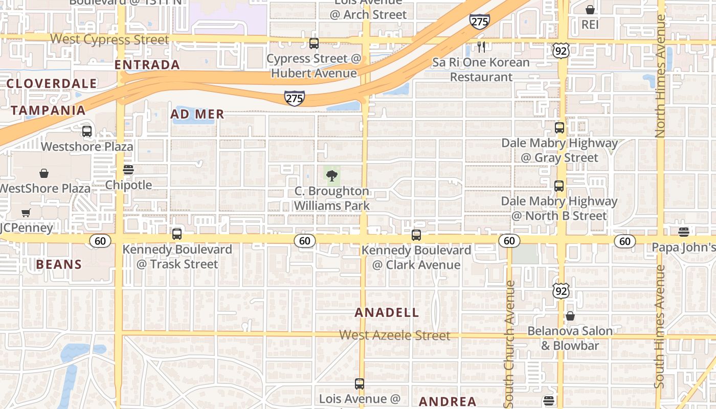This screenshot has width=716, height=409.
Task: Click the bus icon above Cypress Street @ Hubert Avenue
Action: pos(314,43)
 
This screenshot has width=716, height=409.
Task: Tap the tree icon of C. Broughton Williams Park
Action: pos(332,176)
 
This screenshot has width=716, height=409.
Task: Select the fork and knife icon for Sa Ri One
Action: pos(481,47)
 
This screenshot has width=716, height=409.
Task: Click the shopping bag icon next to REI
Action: pos(590,10)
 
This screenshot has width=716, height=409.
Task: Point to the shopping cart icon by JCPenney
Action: pos(26,213)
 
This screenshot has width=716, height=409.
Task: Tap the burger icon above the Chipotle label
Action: pos(128,170)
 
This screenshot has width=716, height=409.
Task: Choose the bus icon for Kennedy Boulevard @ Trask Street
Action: pos(177,234)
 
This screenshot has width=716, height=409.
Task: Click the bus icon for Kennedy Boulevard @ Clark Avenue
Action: pos(416,235)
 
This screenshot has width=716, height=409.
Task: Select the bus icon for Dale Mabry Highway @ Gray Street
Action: pos(560,128)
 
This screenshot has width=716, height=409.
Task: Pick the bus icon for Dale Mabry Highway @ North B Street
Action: pos(559,186)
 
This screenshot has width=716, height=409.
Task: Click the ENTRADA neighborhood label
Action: pos(147,65)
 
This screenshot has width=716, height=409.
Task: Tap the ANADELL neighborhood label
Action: pos(387,312)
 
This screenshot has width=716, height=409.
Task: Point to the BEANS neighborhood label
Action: pos(59,264)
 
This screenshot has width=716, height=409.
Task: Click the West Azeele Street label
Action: pos(395,335)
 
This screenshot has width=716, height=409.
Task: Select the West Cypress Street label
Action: pos(109,39)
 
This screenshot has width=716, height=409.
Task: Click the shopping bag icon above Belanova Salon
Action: pos(570,316)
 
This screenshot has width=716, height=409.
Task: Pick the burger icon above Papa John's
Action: pos(684,232)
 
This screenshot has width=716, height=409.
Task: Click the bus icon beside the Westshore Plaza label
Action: pos(87,131)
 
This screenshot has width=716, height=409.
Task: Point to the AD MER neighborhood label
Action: pos(197,115)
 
